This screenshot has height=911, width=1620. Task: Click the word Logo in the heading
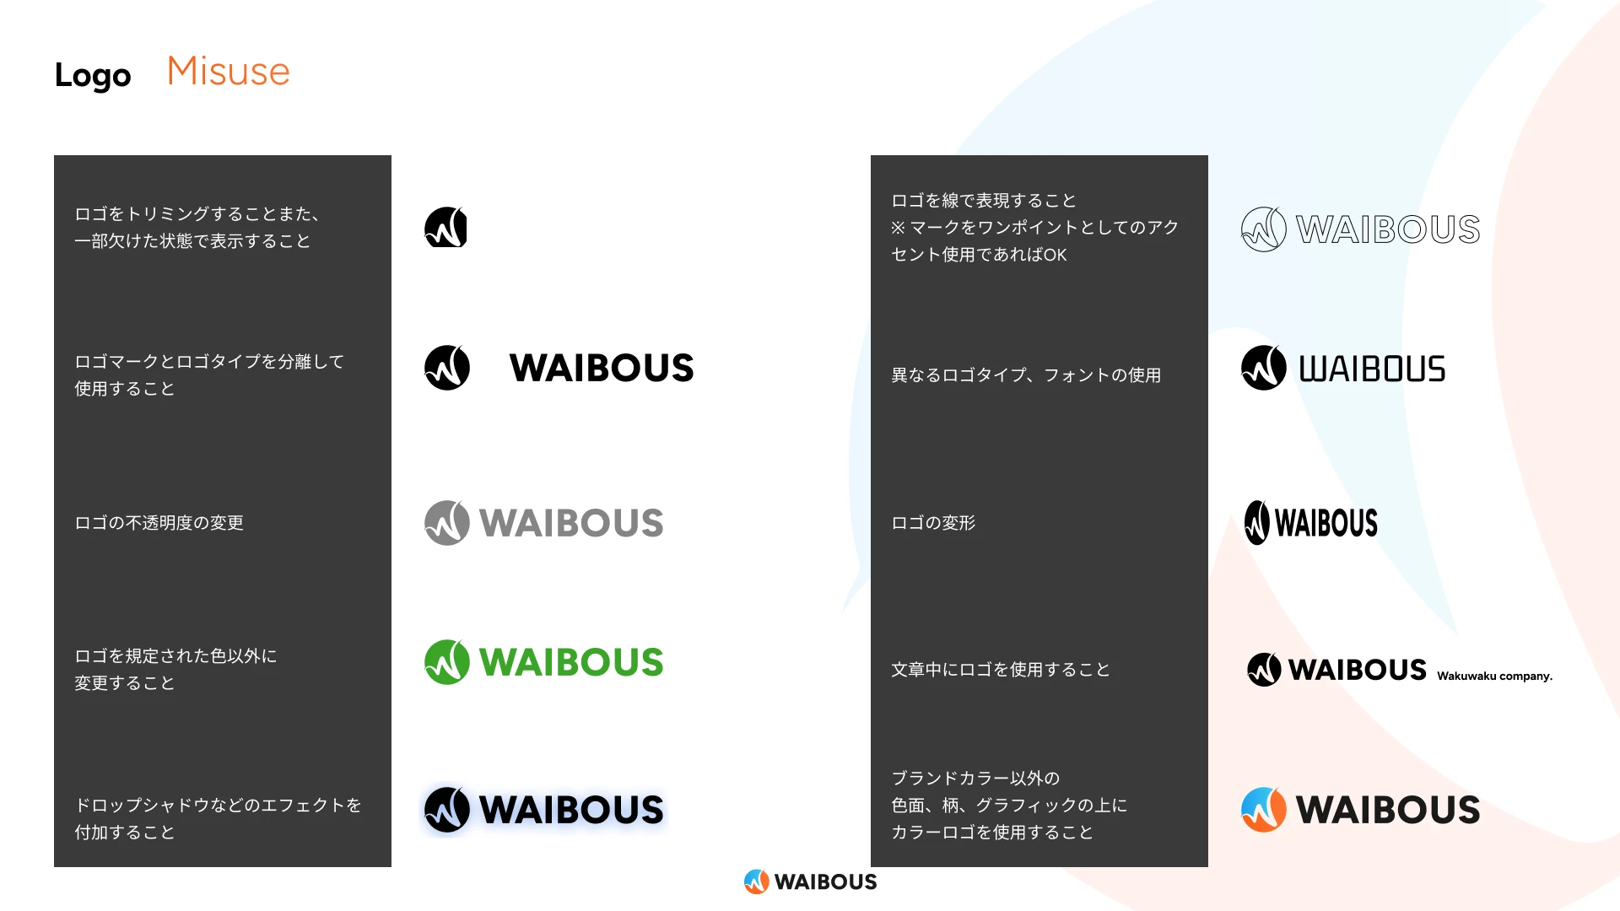point(93,75)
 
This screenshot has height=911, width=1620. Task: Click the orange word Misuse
point(228,72)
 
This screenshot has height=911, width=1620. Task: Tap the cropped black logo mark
point(445,228)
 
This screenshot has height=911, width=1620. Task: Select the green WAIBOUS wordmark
point(571,662)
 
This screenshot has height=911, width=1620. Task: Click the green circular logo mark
point(446,662)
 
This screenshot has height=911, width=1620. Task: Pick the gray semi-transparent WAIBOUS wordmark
point(571,523)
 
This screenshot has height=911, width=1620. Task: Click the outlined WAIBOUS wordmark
point(1388,229)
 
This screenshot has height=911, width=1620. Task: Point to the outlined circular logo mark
point(1263,229)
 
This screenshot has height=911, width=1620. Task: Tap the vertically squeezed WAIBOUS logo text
point(1326,523)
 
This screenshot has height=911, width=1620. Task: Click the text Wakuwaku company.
point(1494,676)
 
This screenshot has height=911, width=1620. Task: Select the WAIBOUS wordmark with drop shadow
point(571,810)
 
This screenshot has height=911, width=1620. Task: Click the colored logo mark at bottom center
point(756,881)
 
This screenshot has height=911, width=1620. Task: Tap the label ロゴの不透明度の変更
point(159,523)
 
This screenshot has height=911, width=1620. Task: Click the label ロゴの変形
point(933,523)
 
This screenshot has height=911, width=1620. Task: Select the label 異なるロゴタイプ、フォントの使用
point(1026,375)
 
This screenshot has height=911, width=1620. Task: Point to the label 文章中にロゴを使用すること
point(1001,670)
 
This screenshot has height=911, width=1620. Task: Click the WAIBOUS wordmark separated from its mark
point(602,368)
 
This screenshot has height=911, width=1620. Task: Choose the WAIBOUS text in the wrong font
point(1372,369)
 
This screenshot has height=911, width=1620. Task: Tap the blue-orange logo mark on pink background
point(1263,810)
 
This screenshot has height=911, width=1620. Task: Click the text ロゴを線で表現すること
point(984,201)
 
